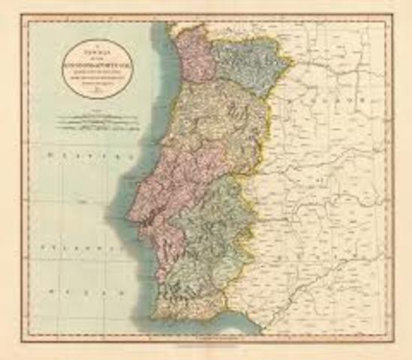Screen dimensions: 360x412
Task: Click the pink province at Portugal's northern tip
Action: (191, 56)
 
